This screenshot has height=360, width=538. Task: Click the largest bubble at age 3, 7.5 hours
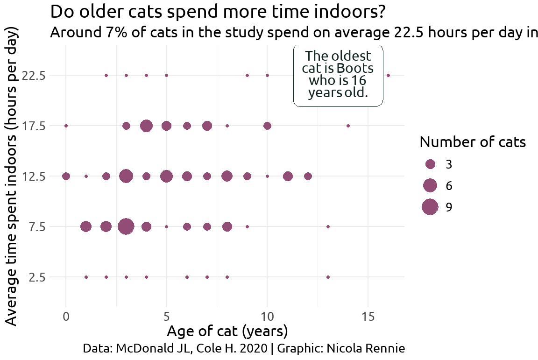point(126,226)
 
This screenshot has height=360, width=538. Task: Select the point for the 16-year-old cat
point(388,75)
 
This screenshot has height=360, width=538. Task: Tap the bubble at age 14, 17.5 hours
point(348,126)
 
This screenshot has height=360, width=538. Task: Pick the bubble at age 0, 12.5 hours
point(66,176)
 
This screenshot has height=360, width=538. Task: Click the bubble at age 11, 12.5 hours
point(288,176)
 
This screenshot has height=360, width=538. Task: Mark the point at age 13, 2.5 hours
point(328,277)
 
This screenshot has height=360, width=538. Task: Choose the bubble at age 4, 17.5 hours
point(146,126)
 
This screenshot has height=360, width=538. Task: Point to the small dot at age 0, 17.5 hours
point(66,126)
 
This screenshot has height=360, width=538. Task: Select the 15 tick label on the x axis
point(368,317)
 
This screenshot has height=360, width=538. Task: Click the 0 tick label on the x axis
point(66,317)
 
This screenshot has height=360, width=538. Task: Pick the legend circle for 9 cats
point(430,207)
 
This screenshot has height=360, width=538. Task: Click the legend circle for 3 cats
point(430,164)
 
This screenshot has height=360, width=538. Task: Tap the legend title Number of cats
point(473,142)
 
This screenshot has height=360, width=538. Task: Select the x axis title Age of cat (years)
point(227,332)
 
